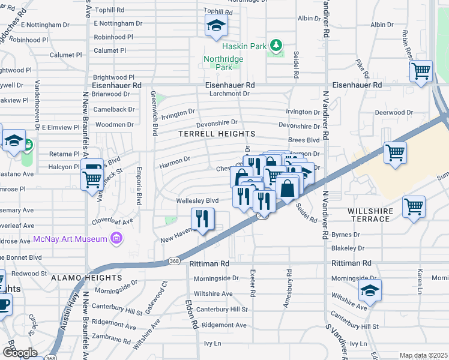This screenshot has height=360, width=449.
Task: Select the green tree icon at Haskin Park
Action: (276, 46)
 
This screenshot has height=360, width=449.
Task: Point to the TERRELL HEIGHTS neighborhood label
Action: (217, 134)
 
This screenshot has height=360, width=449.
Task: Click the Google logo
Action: (20, 352)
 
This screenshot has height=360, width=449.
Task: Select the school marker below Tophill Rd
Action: (215, 26)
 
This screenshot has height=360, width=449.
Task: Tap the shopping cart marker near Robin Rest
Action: (421, 71)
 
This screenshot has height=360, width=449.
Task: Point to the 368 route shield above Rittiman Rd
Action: (174, 260)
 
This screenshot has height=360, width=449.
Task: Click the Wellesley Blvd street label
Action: (197, 200)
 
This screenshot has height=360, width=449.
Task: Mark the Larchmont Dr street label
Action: (229, 94)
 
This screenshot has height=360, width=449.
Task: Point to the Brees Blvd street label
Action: (304, 140)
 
